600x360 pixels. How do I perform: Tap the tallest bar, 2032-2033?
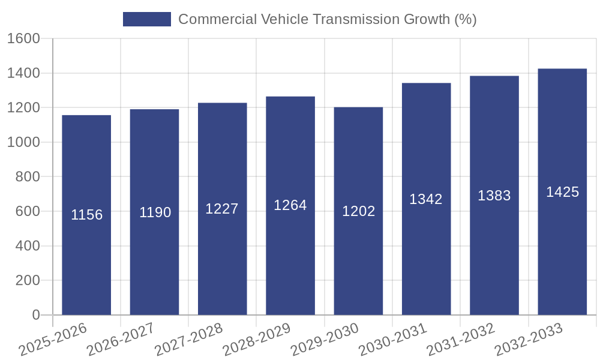pyautogui.click(x=562, y=252)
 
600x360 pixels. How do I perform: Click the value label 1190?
pyautogui.click(x=155, y=212)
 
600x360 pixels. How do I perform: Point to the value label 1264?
pyautogui.click(x=290, y=205)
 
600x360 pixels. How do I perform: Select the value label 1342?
pyautogui.click(x=426, y=199)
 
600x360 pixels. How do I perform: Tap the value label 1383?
pyautogui.click(x=494, y=196)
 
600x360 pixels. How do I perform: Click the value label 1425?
pyautogui.click(x=562, y=192)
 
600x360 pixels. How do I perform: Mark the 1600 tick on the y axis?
pyautogui.click(x=23, y=39)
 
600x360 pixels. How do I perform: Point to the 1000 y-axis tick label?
pyautogui.click(x=23, y=143)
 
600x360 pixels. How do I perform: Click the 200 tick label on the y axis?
pyautogui.click(x=27, y=281)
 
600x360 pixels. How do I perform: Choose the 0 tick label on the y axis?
pyautogui.click(x=35, y=315)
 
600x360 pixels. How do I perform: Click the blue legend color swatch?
pyautogui.click(x=146, y=19)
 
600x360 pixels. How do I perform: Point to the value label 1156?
pyautogui.click(x=86, y=215)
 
